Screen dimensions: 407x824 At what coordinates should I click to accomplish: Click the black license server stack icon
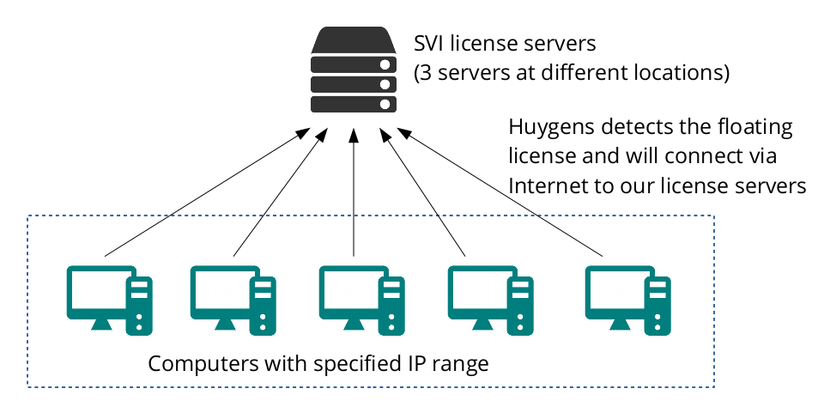354,72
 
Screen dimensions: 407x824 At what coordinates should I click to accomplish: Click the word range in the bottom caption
461,363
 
